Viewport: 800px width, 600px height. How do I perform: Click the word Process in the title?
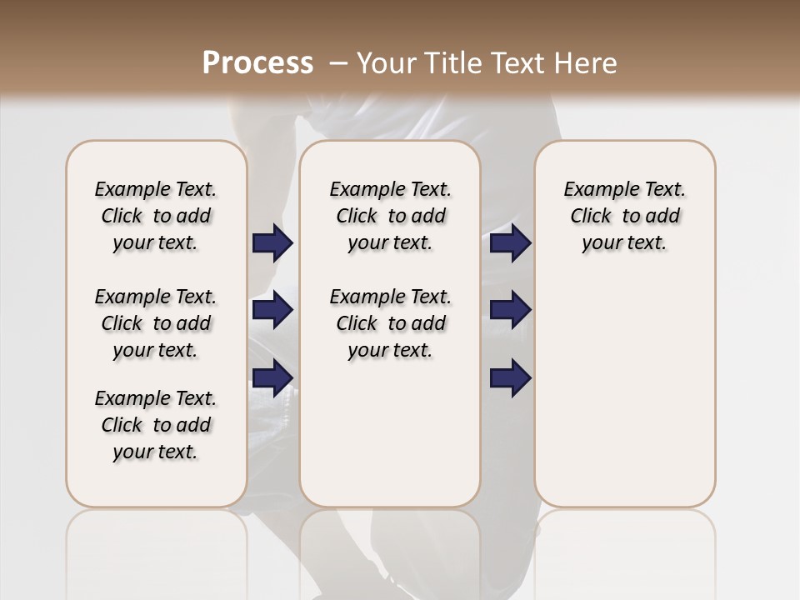pyautogui.click(x=257, y=63)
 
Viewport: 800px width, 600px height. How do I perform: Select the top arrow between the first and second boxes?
pyautogui.click(x=272, y=242)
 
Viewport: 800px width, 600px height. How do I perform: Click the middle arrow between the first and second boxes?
pyautogui.click(x=272, y=310)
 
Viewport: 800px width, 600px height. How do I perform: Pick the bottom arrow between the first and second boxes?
pyautogui.click(x=272, y=377)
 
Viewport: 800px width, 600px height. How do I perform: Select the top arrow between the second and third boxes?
pyautogui.click(x=510, y=242)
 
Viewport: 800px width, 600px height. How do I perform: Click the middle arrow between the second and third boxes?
pyautogui.click(x=510, y=310)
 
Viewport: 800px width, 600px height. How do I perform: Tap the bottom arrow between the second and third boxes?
pyautogui.click(x=510, y=377)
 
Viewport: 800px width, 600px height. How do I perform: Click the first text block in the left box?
pyautogui.click(x=156, y=216)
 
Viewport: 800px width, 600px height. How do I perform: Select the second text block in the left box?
pyautogui.click(x=156, y=323)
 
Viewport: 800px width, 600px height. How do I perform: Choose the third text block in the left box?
pyautogui.click(x=156, y=425)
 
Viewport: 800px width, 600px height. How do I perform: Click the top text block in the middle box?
pyautogui.click(x=390, y=216)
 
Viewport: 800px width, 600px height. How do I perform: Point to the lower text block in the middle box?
pyautogui.click(x=390, y=323)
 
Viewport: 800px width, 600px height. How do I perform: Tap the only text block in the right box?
pyautogui.click(x=624, y=216)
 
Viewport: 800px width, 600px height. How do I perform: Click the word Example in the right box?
pyautogui.click(x=597, y=190)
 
